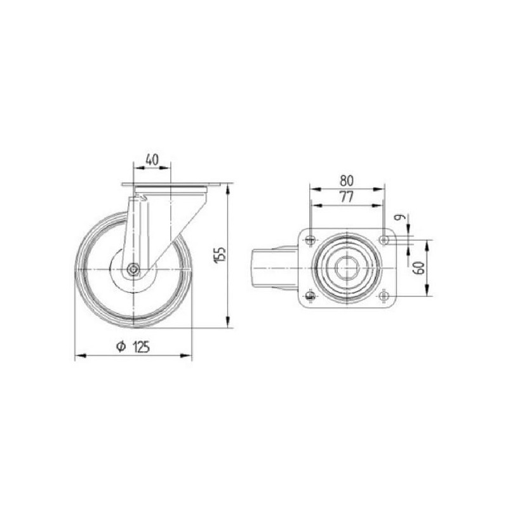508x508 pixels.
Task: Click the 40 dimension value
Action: (x=152, y=160)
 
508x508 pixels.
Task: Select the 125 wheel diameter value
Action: (x=141, y=347)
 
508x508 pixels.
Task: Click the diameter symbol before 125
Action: (x=121, y=347)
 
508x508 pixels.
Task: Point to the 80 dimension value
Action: (x=347, y=181)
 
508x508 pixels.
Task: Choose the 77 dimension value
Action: (x=346, y=197)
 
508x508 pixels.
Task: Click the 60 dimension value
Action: (x=420, y=267)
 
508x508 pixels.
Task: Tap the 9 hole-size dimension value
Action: (x=401, y=217)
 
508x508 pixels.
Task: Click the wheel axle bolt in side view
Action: (x=133, y=269)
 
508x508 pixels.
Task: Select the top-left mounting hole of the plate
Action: (x=310, y=240)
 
